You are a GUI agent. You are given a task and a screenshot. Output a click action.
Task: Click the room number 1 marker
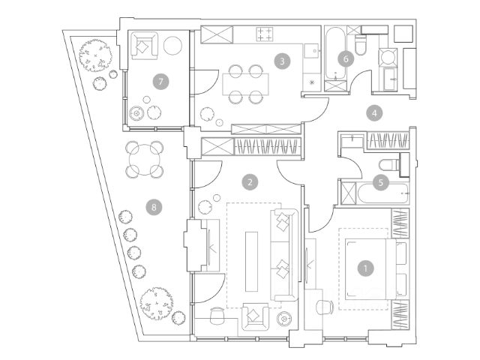[x=366, y=266]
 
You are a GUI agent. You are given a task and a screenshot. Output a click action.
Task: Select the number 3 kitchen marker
[x=281, y=61]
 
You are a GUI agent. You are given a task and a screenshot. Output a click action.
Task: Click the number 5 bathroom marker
[x=381, y=181]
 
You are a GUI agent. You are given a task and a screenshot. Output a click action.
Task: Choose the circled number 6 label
[x=346, y=58]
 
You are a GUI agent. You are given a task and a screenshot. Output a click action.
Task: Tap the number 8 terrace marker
[x=155, y=205]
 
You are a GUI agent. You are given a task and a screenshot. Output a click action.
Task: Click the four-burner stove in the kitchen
[x=265, y=34]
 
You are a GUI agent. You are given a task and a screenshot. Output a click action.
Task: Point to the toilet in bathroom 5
[x=389, y=166]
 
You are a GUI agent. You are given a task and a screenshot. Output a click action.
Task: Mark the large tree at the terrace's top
[x=97, y=54]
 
